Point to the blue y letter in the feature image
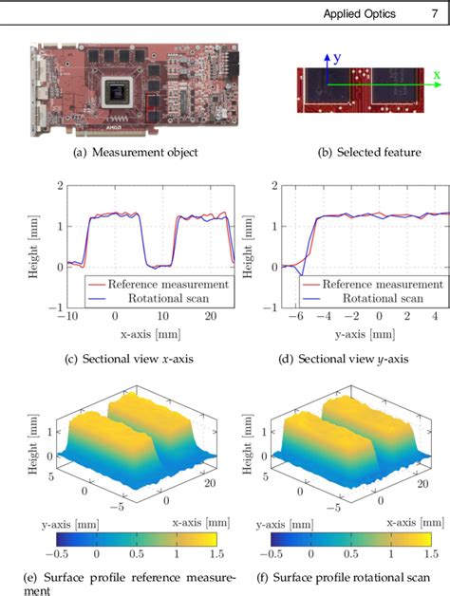[x=337, y=58]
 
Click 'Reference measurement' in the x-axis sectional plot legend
[x=167, y=283]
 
